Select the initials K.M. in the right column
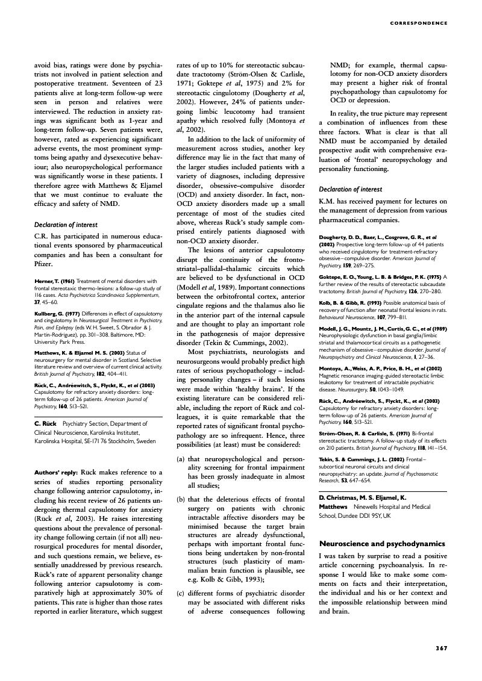(327, 201)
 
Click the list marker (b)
(180, 499)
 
